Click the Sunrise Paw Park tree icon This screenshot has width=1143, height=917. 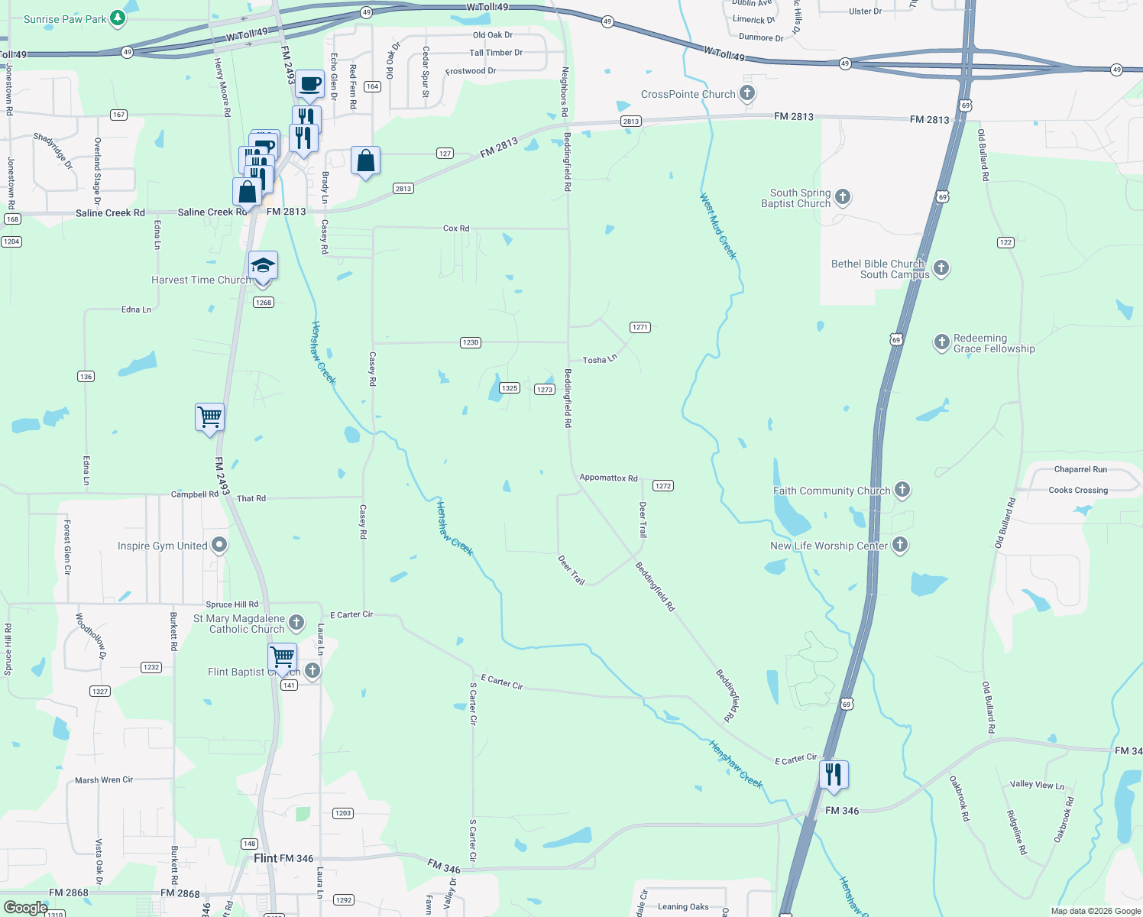(117, 18)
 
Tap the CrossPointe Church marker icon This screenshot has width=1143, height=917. (747, 94)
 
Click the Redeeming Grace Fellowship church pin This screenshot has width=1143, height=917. (941, 342)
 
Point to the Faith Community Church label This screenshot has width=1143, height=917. (831, 491)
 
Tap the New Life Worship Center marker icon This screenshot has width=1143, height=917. (900, 545)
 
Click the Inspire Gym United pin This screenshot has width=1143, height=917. (219, 545)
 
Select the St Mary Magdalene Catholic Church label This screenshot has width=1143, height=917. (239, 624)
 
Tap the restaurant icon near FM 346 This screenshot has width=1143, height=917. (834, 775)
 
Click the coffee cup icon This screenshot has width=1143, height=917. (309, 85)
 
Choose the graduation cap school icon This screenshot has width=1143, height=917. (262, 266)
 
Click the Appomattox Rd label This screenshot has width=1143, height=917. (608, 478)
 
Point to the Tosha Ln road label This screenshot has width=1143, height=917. (599, 359)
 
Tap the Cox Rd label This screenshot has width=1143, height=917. (456, 228)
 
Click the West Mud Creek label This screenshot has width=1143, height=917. (718, 225)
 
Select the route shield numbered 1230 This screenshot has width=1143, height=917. (471, 342)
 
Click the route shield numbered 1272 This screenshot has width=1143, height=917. (663, 486)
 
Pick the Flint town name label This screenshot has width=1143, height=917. (265, 858)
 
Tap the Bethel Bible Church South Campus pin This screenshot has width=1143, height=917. (941, 267)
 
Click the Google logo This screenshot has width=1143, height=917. (25, 908)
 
